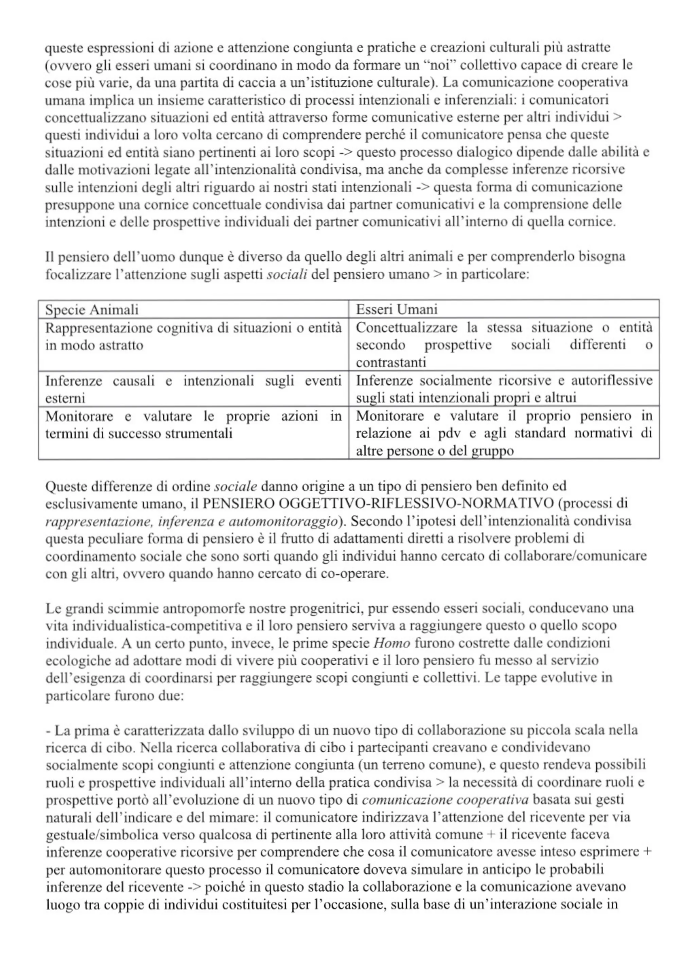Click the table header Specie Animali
tap(91, 310)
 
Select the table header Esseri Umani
tap(396, 310)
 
